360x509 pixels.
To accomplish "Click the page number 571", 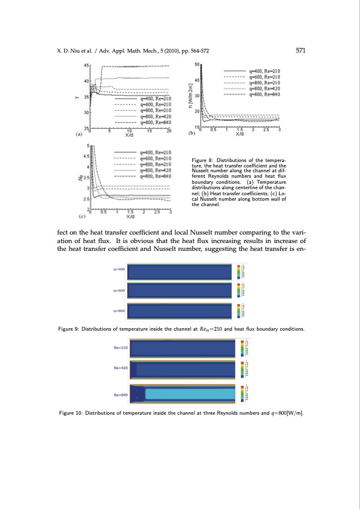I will point(299,51).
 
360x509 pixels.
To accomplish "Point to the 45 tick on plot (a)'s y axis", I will point(87,65).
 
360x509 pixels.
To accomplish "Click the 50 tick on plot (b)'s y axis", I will point(197,64).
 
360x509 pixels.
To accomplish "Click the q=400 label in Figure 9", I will point(118,270).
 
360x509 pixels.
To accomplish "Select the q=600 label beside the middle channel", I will point(118,290).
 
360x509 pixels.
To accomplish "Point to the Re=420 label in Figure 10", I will point(120,368).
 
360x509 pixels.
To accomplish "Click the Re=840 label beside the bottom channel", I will point(120,394).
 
